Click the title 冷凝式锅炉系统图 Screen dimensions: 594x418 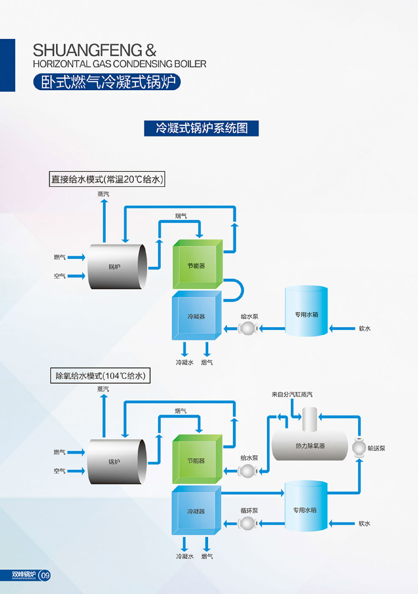(201, 128)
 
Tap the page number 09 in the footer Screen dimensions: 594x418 (45, 576)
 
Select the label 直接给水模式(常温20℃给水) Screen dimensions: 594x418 (107, 179)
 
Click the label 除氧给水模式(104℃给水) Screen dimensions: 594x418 (100, 376)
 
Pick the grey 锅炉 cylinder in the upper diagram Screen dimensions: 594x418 (117, 266)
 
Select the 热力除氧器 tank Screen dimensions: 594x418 (310, 445)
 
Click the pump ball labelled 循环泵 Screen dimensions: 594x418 (248, 523)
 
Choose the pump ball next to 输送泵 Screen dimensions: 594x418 (359, 448)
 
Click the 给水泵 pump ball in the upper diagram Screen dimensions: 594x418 (248, 328)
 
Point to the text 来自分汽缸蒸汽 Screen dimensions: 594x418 (292, 394)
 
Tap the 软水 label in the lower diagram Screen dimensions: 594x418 (364, 524)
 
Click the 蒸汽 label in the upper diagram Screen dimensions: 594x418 (103, 194)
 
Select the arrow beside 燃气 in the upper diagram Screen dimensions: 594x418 (76, 257)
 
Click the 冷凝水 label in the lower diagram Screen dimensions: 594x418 (185, 556)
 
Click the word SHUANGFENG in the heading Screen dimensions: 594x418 (88, 50)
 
